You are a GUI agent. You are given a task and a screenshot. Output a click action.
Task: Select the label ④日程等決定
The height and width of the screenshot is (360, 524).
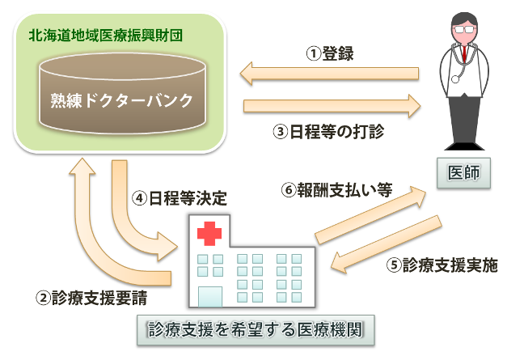click(179, 197)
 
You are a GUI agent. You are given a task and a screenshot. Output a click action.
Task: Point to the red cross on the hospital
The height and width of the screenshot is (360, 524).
click(209, 235)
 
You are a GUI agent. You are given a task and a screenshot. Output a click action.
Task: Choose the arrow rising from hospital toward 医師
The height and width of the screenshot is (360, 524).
click(373, 214)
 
